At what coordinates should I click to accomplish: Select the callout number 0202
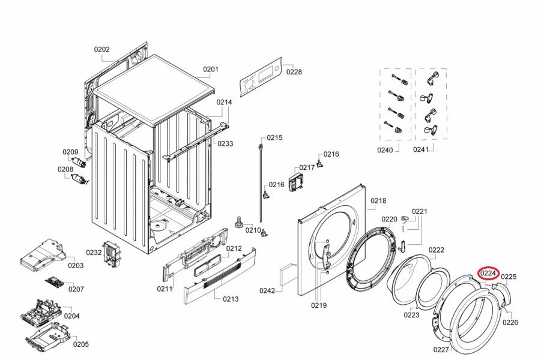point(101,49)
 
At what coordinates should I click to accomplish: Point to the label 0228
point(294,72)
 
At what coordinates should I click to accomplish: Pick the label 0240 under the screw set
point(385,150)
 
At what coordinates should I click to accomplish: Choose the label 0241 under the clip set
point(421,150)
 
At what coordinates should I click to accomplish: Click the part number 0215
point(274,138)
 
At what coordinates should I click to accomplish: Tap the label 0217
point(307,167)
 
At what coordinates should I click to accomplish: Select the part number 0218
point(378,201)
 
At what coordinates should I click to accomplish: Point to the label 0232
point(94,253)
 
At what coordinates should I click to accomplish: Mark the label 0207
point(76,289)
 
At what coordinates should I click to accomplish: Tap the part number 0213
point(231,299)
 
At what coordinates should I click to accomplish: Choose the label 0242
point(267,291)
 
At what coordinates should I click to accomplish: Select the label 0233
point(225,144)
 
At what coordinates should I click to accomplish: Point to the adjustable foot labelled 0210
point(239,223)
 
